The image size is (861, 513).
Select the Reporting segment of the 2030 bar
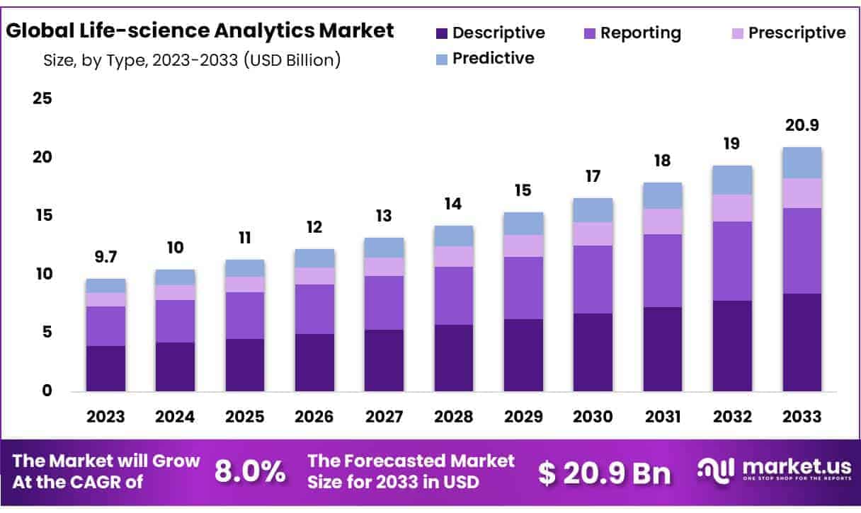[593, 279]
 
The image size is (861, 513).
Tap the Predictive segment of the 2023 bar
[106, 286]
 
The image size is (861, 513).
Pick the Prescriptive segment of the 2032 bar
[732, 208]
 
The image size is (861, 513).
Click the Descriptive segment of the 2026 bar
[314, 362]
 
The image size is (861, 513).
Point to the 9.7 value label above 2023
[106, 257]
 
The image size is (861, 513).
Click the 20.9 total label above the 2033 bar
[802, 125]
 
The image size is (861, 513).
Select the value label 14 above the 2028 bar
[453, 204]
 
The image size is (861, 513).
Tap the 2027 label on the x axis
[384, 417]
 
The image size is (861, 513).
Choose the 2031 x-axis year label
[662, 417]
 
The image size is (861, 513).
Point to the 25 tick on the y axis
[42, 98]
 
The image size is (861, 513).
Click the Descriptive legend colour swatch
[442, 33]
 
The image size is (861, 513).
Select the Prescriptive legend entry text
[797, 33]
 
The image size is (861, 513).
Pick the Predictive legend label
[494, 58]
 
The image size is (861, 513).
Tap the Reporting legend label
[641, 33]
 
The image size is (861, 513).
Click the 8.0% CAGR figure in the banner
[250, 472]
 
